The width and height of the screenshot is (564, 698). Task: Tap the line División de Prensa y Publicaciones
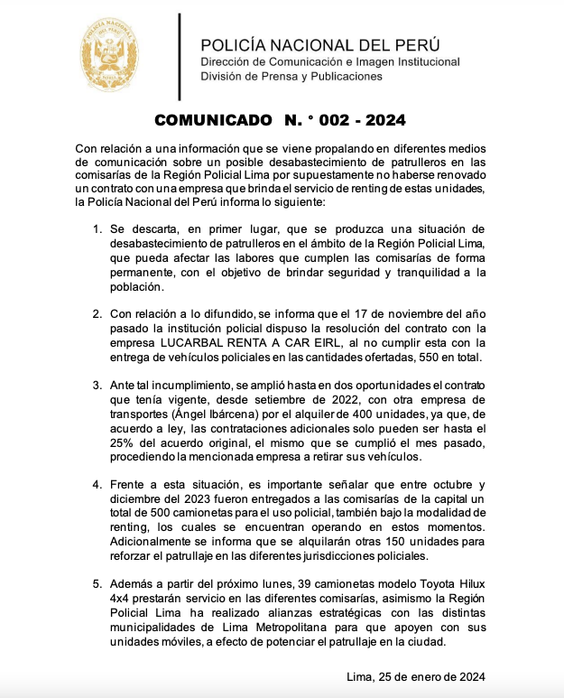291,77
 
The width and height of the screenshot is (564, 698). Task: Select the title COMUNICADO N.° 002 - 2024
281,119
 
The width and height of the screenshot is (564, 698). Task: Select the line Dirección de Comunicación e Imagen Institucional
330,61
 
